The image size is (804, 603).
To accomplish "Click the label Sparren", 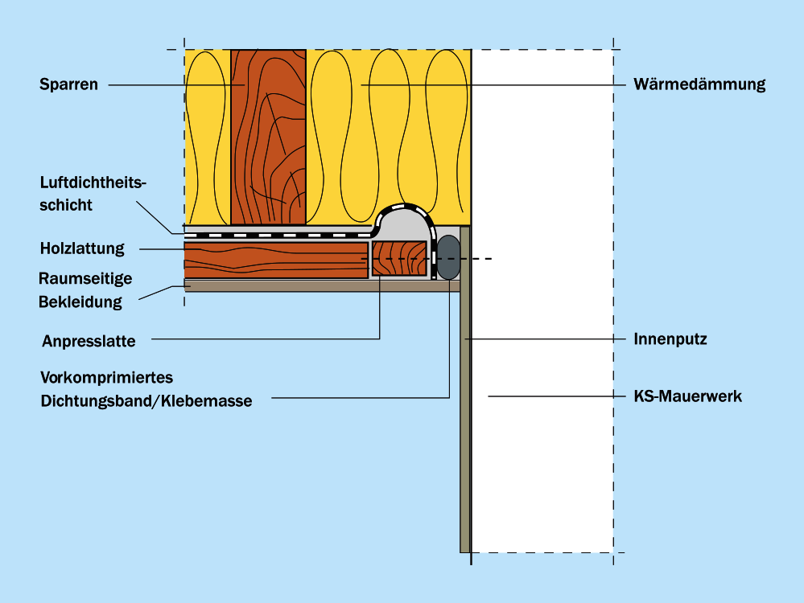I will pos(68,84).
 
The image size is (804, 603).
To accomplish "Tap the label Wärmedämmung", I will pos(699,84).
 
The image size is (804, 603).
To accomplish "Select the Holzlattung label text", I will pos(82,248).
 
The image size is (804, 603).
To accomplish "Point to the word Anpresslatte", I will pos(89,341).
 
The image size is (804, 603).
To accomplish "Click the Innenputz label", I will pos(670,339).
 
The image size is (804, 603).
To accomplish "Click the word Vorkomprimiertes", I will pos(106,378).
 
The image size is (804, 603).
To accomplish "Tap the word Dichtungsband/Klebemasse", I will pos(146,400).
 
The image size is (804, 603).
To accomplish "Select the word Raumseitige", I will pos(85,278).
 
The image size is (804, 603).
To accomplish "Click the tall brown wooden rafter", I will pos(268,137).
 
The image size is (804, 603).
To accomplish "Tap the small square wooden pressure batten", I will pos(399,259).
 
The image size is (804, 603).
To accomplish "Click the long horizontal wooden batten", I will pos(276,259).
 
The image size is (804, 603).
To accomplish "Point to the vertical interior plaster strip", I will pos(465,418).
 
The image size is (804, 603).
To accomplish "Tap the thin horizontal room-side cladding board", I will pos(322,285).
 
